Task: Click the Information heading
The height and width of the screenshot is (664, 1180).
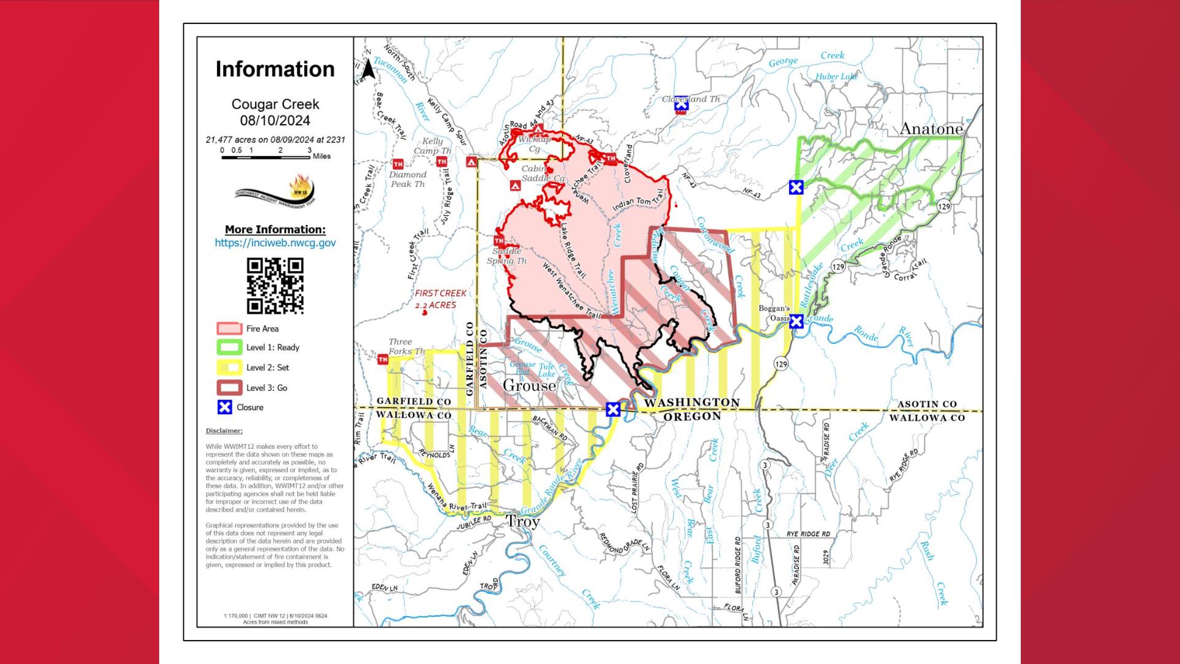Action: pyautogui.click(x=275, y=69)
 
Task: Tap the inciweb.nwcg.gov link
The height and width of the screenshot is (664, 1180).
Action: pyautogui.click(x=275, y=243)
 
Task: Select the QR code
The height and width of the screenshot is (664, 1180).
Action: pyautogui.click(x=275, y=285)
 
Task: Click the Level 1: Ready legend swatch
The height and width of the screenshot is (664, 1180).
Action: pyautogui.click(x=229, y=347)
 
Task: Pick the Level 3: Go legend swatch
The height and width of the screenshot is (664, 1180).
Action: pyautogui.click(x=229, y=388)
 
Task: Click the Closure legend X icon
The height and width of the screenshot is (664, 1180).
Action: pyautogui.click(x=225, y=407)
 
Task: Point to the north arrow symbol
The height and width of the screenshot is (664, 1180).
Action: pyautogui.click(x=368, y=69)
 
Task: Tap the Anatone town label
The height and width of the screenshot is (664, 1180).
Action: pyautogui.click(x=930, y=129)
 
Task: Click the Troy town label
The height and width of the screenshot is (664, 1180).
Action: pyautogui.click(x=522, y=521)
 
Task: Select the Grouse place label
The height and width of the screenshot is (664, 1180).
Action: pyautogui.click(x=529, y=385)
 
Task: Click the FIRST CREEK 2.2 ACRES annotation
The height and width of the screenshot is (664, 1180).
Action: pyautogui.click(x=440, y=299)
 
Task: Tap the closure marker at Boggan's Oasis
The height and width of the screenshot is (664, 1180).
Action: pyautogui.click(x=796, y=321)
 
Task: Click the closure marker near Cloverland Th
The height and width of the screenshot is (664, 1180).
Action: pyautogui.click(x=681, y=106)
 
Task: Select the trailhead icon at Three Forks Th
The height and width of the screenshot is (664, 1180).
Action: pyautogui.click(x=383, y=360)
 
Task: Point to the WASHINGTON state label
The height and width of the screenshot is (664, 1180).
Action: pyautogui.click(x=692, y=402)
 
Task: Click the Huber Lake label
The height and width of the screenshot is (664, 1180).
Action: pyautogui.click(x=836, y=77)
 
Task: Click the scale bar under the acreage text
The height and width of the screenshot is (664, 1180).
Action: pyautogui.click(x=265, y=157)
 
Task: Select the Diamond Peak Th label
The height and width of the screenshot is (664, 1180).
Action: pyautogui.click(x=408, y=179)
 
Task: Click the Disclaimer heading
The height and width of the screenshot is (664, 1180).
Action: pyautogui.click(x=224, y=431)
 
